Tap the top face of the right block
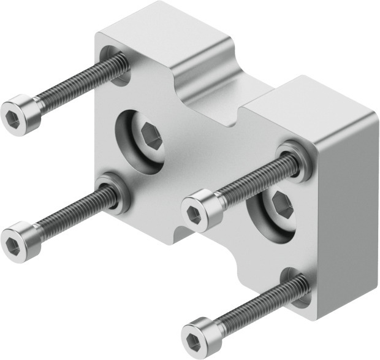(306, 104)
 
